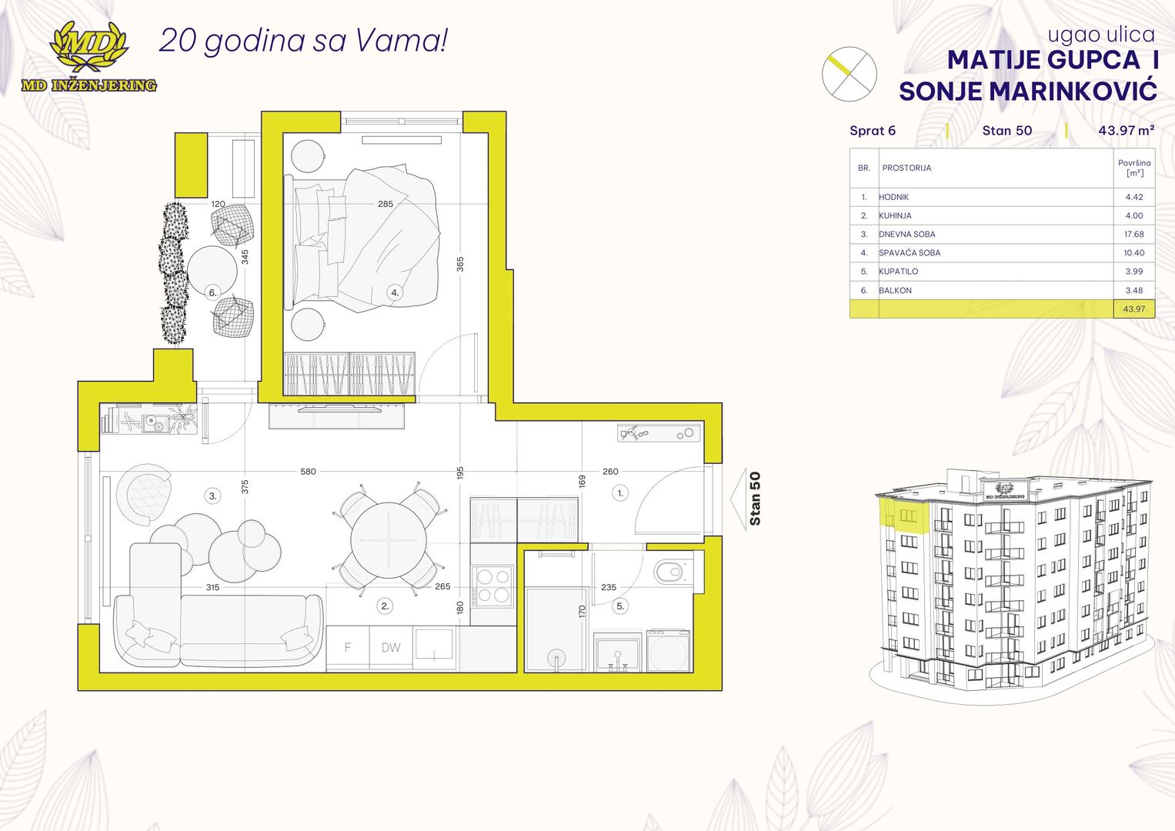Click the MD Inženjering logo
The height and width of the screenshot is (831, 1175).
coord(89,57)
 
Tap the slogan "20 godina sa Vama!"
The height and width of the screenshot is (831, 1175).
coord(303,41)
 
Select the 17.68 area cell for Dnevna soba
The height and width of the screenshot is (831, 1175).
coord(1134,234)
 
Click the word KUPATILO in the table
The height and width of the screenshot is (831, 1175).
coord(899,271)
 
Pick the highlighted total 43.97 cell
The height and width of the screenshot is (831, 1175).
coord(1134,309)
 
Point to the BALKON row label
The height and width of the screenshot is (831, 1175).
coord(896,290)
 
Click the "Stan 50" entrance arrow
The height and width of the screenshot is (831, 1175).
coord(739,499)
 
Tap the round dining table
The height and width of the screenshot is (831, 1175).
coord(388,540)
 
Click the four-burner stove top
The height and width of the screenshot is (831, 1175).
coord(492,586)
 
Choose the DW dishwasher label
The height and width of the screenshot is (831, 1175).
coord(391,647)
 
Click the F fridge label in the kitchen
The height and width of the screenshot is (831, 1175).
coord(347,647)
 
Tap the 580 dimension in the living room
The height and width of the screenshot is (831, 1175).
coord(308,471)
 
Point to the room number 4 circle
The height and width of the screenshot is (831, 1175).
coord(395,292)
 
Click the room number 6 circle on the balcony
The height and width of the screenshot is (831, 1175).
coord(212,292)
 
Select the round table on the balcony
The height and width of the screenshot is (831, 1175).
coord(212,271)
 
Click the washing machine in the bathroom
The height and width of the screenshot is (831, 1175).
coord(668,650)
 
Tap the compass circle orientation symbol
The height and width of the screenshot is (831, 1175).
coord(849,74)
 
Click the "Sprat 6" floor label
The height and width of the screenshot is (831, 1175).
coord(873,130)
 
